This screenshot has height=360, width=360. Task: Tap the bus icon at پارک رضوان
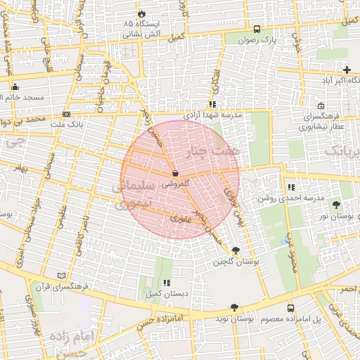tap(257, 30)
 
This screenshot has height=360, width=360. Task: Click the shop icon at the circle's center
tap(174, 172)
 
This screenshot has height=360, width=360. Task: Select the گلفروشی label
tap(175, 183)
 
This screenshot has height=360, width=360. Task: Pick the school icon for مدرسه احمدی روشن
tap(290, 187)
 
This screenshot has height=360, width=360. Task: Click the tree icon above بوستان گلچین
tap(235, 250)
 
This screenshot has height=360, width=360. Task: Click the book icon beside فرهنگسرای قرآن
tap(62, 276)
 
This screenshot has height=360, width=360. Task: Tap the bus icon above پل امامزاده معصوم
tap(290, 308)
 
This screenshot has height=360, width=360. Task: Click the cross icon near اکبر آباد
tap(347, 69)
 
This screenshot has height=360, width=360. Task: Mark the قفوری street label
tap(180, 219)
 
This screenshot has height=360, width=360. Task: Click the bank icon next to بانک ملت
tap(66, 113)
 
